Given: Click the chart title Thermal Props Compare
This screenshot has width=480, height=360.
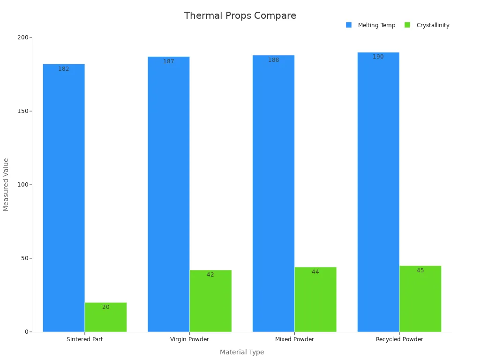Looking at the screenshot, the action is pos(240,15).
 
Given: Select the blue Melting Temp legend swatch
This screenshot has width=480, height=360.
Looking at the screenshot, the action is pos(349,25).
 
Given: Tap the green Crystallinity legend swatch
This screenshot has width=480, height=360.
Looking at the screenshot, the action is pos(407,25).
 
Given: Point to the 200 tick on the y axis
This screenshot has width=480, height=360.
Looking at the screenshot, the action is pos(23,37).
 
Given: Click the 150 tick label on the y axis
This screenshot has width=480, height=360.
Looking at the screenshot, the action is pos(23,111).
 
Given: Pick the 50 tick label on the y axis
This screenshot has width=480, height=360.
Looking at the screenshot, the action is pos(25,258).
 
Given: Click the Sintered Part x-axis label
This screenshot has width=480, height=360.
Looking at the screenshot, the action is pos(85,339).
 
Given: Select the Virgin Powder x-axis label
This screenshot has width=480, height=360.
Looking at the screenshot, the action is pos(189,339).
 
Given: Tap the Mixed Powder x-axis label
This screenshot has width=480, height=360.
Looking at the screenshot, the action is pos(294,339).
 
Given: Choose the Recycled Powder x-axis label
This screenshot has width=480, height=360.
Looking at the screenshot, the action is pos(399,339).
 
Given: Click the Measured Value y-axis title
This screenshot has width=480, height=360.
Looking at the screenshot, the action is pos(6,185).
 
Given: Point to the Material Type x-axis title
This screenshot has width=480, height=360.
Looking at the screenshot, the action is pos(242,352).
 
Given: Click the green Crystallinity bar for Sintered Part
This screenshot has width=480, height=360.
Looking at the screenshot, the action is pos(105,317).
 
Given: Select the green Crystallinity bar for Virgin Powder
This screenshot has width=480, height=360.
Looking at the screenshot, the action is pos(210,301).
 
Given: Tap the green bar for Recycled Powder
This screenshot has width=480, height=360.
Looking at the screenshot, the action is pos(420,299).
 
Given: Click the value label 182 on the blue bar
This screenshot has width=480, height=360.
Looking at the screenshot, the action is pos(64,69).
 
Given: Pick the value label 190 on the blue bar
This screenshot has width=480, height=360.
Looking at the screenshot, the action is pos(378,57).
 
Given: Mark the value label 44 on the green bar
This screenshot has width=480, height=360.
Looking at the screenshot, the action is pos(315,272).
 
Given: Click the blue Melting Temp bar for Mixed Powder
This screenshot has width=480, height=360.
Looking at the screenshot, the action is pos(273,194).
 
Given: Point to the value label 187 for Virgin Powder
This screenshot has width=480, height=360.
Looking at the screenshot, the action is pos(169,61).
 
